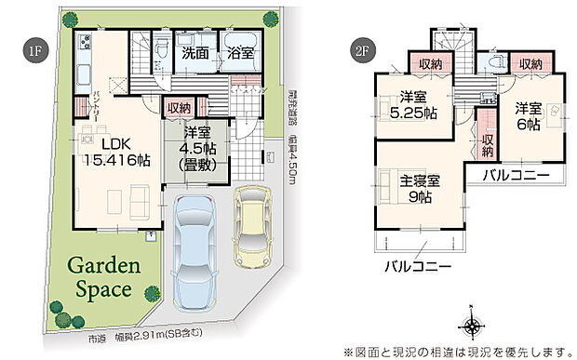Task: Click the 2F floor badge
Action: pyautogui.click(x=361, y=50)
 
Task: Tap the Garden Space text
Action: pyautogui.click(x=102, y=277)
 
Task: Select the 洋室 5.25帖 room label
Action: pyautogui.click(x=414, y=105)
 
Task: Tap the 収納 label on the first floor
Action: pyautogui.click(x=180, y=108)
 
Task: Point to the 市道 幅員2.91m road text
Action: pyautogui.click(x=175, y=334)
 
